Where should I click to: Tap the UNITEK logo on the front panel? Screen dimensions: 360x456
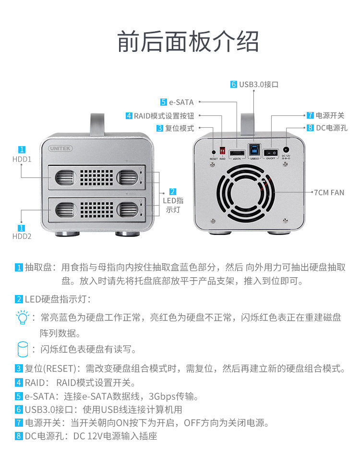click(60, 148)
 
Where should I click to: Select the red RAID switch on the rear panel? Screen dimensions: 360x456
click(222, 150)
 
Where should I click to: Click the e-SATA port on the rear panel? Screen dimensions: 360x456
click(237, 153)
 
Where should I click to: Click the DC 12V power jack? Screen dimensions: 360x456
click(287, 149)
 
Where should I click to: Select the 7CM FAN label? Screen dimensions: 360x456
click(329, 193)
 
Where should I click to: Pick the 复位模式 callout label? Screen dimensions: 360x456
click(179, 128)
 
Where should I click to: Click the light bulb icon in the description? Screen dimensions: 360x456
click(22, 318)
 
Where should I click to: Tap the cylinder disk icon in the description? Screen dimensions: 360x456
click(22, 349)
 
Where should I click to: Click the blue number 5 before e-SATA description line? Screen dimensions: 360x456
click(19, 396)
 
